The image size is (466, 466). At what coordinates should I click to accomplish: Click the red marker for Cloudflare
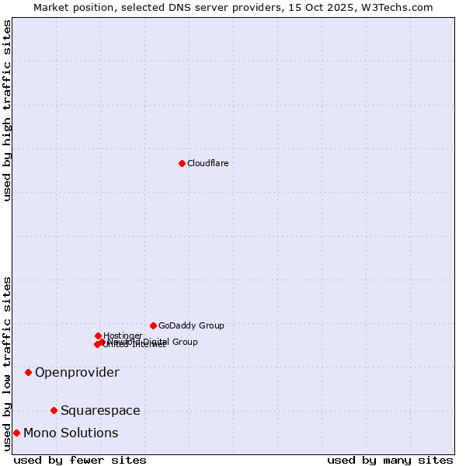[x=182, y=163]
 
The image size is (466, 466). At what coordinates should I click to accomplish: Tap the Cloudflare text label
[x=207, y=163]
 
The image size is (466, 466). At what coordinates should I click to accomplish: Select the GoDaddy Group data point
[x=153, y=325]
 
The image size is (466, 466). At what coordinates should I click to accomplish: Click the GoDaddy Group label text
[x=191, y=325]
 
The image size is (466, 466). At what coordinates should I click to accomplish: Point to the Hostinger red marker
[x=98, y=336]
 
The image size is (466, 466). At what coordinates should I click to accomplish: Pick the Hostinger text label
[x=123, y=336]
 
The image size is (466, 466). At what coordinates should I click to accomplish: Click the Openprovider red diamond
[x=28, y=372]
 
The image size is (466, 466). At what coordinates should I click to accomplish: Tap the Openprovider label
[x=77, y=372]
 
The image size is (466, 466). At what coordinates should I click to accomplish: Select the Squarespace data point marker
[x=54, y=410]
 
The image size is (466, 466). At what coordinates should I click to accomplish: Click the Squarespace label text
[x=100, y=410]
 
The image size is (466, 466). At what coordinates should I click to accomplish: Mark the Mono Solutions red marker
[x=16, y=433]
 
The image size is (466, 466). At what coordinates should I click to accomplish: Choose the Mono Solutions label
[x=71, y=433]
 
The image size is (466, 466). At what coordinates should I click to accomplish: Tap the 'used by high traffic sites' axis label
[x=7, y=110]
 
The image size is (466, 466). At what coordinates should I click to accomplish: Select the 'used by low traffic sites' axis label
[x=7, y=363]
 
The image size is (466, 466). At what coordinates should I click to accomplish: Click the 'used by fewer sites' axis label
[x=80, y=460]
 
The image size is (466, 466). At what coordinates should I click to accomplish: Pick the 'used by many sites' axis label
[x=390, y=460]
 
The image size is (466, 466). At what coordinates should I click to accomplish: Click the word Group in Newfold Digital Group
[x=184, y=342]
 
